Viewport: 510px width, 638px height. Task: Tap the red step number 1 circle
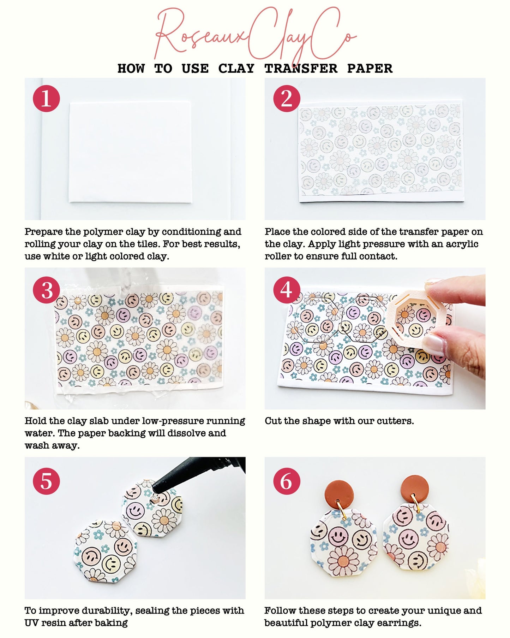(x=46, y=99)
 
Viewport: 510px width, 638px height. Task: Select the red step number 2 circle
(x=287, y=99)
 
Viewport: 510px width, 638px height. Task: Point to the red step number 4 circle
(x=287, y=290)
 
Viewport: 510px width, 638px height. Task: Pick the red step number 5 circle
(x=46, y=481)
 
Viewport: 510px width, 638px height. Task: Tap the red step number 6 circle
(x=287, y=481)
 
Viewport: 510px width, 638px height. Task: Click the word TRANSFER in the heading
(x=301, y=69)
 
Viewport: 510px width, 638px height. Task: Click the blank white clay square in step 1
(x=130, y=152)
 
